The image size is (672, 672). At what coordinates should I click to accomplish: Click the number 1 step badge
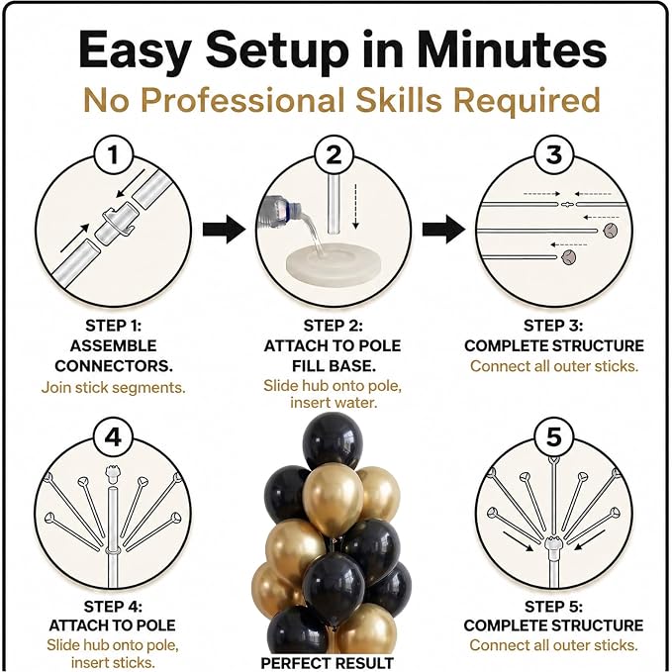[x=113, y=154]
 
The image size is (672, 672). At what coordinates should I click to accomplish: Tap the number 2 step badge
[x=334, y=154]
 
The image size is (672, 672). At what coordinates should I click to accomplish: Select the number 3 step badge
[x=553, y=154]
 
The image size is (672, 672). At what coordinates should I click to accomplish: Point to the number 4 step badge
[x=113, y=437]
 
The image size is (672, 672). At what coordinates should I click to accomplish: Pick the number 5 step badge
[x=553, y=437]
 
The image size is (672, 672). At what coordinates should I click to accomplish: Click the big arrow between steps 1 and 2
[x=224, y=230]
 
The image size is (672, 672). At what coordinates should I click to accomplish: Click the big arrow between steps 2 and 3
[x=443, y=230]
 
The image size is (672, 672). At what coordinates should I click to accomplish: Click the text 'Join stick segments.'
[x=114, y=387]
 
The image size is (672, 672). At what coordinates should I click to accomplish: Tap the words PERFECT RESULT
[x=327, y=662]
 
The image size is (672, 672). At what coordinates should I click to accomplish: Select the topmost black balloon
[x=333, y=441]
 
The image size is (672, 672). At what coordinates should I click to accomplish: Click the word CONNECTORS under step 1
[x=114, y=366]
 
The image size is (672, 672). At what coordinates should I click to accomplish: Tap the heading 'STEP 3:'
[x=553, y=326]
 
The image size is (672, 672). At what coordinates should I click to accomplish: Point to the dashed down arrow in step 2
[x=355, y=206]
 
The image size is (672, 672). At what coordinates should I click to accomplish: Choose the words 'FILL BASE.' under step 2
[x=334, y=366]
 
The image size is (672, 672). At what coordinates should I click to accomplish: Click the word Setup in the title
[x=277, y=51]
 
